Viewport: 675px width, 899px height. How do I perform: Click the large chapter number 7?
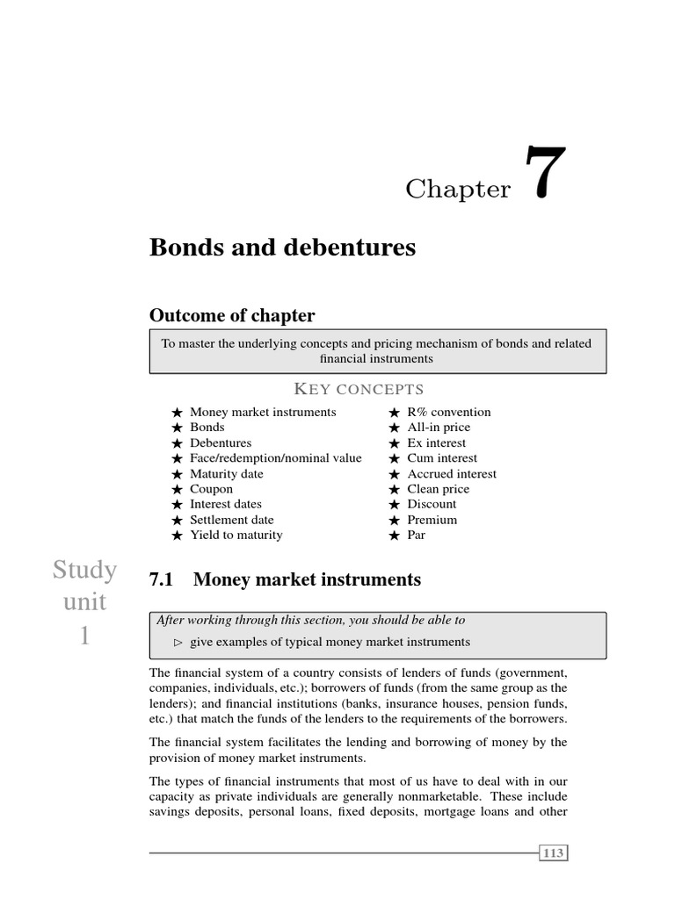pos(545,175)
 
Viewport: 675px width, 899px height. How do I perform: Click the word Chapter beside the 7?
pos(458,189)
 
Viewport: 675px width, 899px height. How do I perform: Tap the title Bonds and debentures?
pos(282,248)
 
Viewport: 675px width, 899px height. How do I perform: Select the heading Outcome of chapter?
pos(232,315)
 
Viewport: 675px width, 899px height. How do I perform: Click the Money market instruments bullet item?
pos(263,412)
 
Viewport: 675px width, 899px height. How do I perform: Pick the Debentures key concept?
pos(221,442)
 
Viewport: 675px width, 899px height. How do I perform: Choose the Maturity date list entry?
pos(226,473)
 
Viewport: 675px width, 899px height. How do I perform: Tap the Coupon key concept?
pos(211,489)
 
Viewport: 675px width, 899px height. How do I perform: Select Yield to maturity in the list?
pos(236,535)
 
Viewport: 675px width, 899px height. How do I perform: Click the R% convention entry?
pos(449,412)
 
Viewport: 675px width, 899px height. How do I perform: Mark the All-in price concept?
pos(439,428)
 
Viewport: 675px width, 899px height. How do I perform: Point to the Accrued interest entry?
pos(452,473)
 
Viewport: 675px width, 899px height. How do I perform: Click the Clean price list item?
pos(438,489)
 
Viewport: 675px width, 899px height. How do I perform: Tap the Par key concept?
pos(416,535)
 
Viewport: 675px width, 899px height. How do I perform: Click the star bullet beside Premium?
pos(395,520)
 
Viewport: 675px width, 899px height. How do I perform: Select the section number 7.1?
pos(163,579)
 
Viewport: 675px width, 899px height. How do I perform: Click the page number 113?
pos(554,852)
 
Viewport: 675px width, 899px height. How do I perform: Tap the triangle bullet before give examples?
pos(178,643)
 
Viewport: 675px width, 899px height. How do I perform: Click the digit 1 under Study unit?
pos(84,635)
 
